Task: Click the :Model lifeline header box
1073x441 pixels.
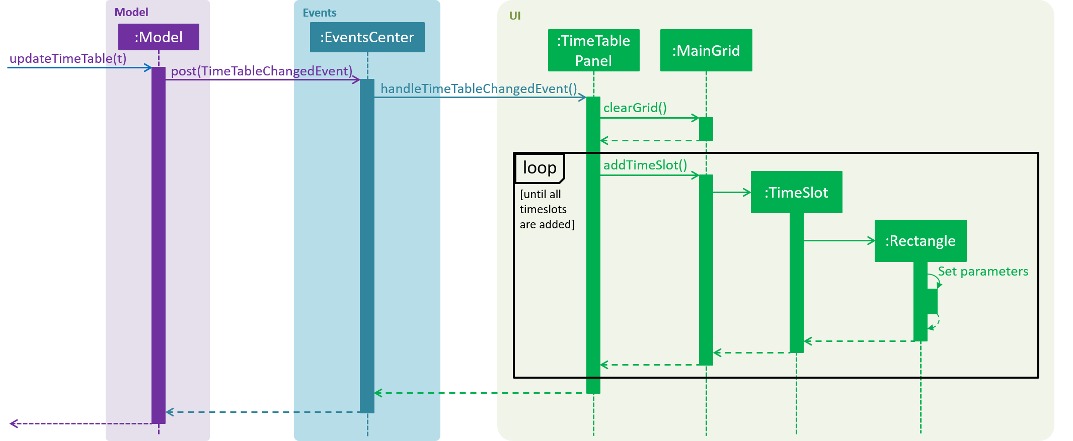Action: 159,37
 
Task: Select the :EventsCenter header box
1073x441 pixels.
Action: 367,37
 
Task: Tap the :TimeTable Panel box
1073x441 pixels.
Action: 594,50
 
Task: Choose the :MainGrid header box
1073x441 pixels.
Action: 706,50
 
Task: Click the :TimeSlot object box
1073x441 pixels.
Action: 797,192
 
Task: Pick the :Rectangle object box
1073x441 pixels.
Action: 921,241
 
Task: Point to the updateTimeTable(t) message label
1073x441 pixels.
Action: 68,58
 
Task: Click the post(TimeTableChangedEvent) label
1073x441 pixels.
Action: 262,71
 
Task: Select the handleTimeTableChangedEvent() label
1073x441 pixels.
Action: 479,89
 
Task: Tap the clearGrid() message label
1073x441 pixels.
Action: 635,108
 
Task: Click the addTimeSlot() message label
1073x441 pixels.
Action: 645,165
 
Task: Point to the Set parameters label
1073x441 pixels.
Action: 983,272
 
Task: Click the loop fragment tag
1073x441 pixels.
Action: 540,168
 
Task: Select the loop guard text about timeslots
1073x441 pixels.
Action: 547,209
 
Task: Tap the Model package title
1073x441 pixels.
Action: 131,12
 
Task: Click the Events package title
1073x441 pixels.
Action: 320,13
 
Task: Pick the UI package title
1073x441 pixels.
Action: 515,16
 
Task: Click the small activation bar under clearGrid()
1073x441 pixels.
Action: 706,129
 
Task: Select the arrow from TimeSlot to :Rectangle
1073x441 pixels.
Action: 839,241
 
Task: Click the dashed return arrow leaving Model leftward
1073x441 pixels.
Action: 81,424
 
